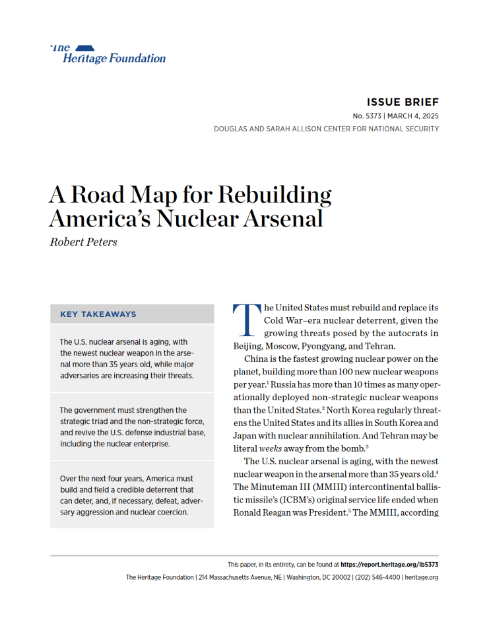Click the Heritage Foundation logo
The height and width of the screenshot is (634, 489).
[x=108, y=54]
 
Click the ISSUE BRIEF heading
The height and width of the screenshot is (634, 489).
[x=403, y=102]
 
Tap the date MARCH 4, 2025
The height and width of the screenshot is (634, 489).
[x=413, y=116]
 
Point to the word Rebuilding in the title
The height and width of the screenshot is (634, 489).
[x=275, y=195]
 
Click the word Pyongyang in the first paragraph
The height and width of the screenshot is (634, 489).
[x=344, y=345]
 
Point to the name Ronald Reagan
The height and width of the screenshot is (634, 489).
[x=263, y=512]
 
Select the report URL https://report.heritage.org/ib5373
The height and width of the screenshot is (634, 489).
[x=390, y=565]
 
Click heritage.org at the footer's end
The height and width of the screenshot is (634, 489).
[x=422, y=577]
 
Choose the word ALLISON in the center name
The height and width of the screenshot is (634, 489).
[x=313, y=129]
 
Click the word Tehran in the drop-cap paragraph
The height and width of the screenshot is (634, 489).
[x=416, y=345]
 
